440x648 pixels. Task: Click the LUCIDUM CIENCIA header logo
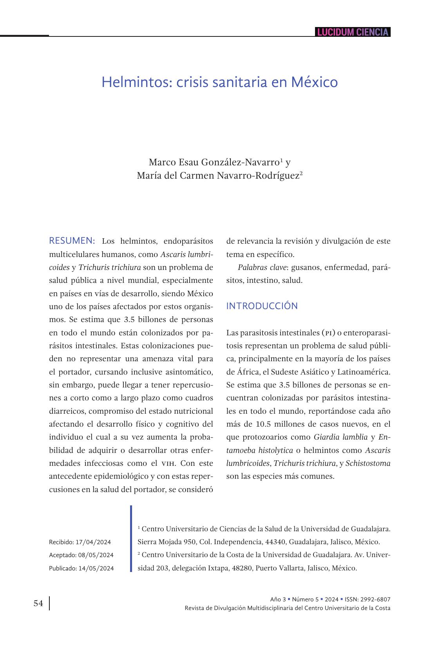point(352,32)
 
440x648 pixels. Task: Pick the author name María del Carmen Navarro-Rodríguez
point(218,176)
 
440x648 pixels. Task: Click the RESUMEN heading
point(72,241)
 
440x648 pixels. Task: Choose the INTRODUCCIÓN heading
point(262,306)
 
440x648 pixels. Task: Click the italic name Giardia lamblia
point(340,437)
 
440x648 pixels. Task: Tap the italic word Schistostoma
point(368,463)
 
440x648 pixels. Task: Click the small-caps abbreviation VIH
point(169,463)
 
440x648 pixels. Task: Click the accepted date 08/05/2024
point(96,555)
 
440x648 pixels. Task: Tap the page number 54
point(38,603)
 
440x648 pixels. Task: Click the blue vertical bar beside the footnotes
point(131,539)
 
